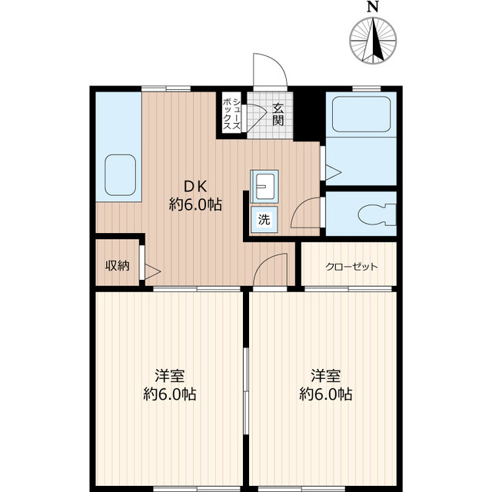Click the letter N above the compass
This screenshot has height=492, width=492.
click(x=372, y=7)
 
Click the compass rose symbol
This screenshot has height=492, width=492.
click(x=373, y=41)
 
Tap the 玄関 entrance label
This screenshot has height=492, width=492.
click(x=278, y=115)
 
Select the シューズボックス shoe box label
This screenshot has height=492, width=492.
click(x=232, y=115)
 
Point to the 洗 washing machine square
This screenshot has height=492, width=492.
click(x=264, y=220)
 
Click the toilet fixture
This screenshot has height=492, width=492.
click(x=377, y=214)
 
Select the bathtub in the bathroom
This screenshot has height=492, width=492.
click(x=361, y=115)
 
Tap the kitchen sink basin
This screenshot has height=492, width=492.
click(x=121, y=175)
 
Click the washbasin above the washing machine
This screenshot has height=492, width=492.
click(x=264, y=187)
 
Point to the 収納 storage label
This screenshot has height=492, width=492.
click(x=118, y=266)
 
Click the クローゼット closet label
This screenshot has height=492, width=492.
click(x=351, y=267)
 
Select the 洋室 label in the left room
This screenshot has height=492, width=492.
click(x=170, y=376)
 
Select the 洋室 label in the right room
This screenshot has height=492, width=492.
click(x=326, y=376)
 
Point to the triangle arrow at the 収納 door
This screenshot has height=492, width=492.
click(x=152, y=271)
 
